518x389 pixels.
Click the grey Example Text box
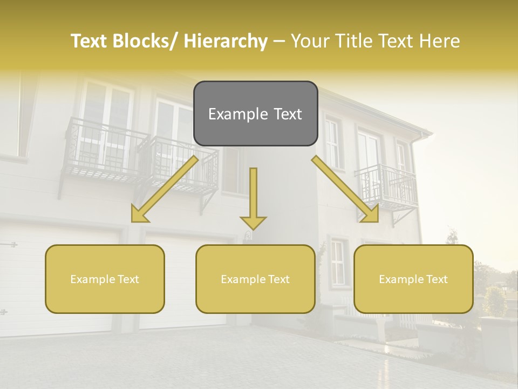point(255,113)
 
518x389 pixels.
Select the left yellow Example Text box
point(105,279)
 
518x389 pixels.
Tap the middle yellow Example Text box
point(255,279)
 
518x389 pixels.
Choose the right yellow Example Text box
point(413,279)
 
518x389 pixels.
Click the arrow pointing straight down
point(253,197)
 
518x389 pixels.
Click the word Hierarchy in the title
point(226,41)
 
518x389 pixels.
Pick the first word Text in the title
point(90,41)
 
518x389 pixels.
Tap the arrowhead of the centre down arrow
point(253,222)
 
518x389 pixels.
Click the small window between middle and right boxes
point(337,263)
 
